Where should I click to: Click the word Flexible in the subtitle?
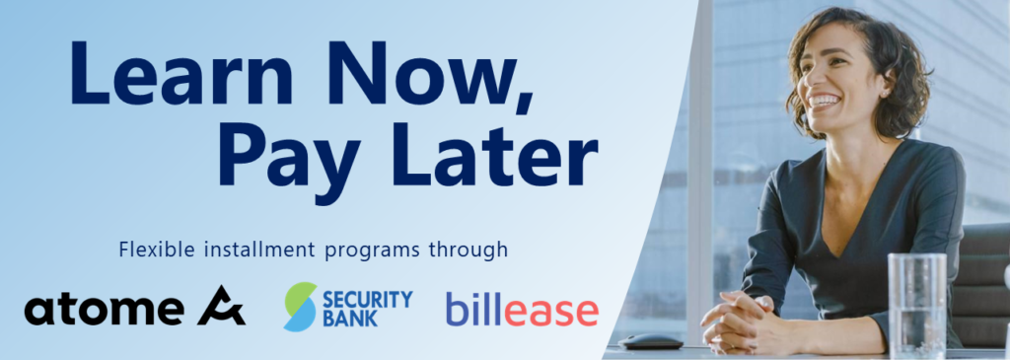[x=152, y=250]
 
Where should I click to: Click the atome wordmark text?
[x=104, y=310]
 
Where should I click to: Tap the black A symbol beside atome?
[x=221, y=308]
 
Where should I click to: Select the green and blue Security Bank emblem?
[x=300, y=307]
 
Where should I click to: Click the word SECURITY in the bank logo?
[x=367, y=298]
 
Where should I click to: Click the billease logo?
[x=521, y=309]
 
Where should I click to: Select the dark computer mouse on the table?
[x=651, y=340]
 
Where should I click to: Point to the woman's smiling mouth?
[x=825, y=101]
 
